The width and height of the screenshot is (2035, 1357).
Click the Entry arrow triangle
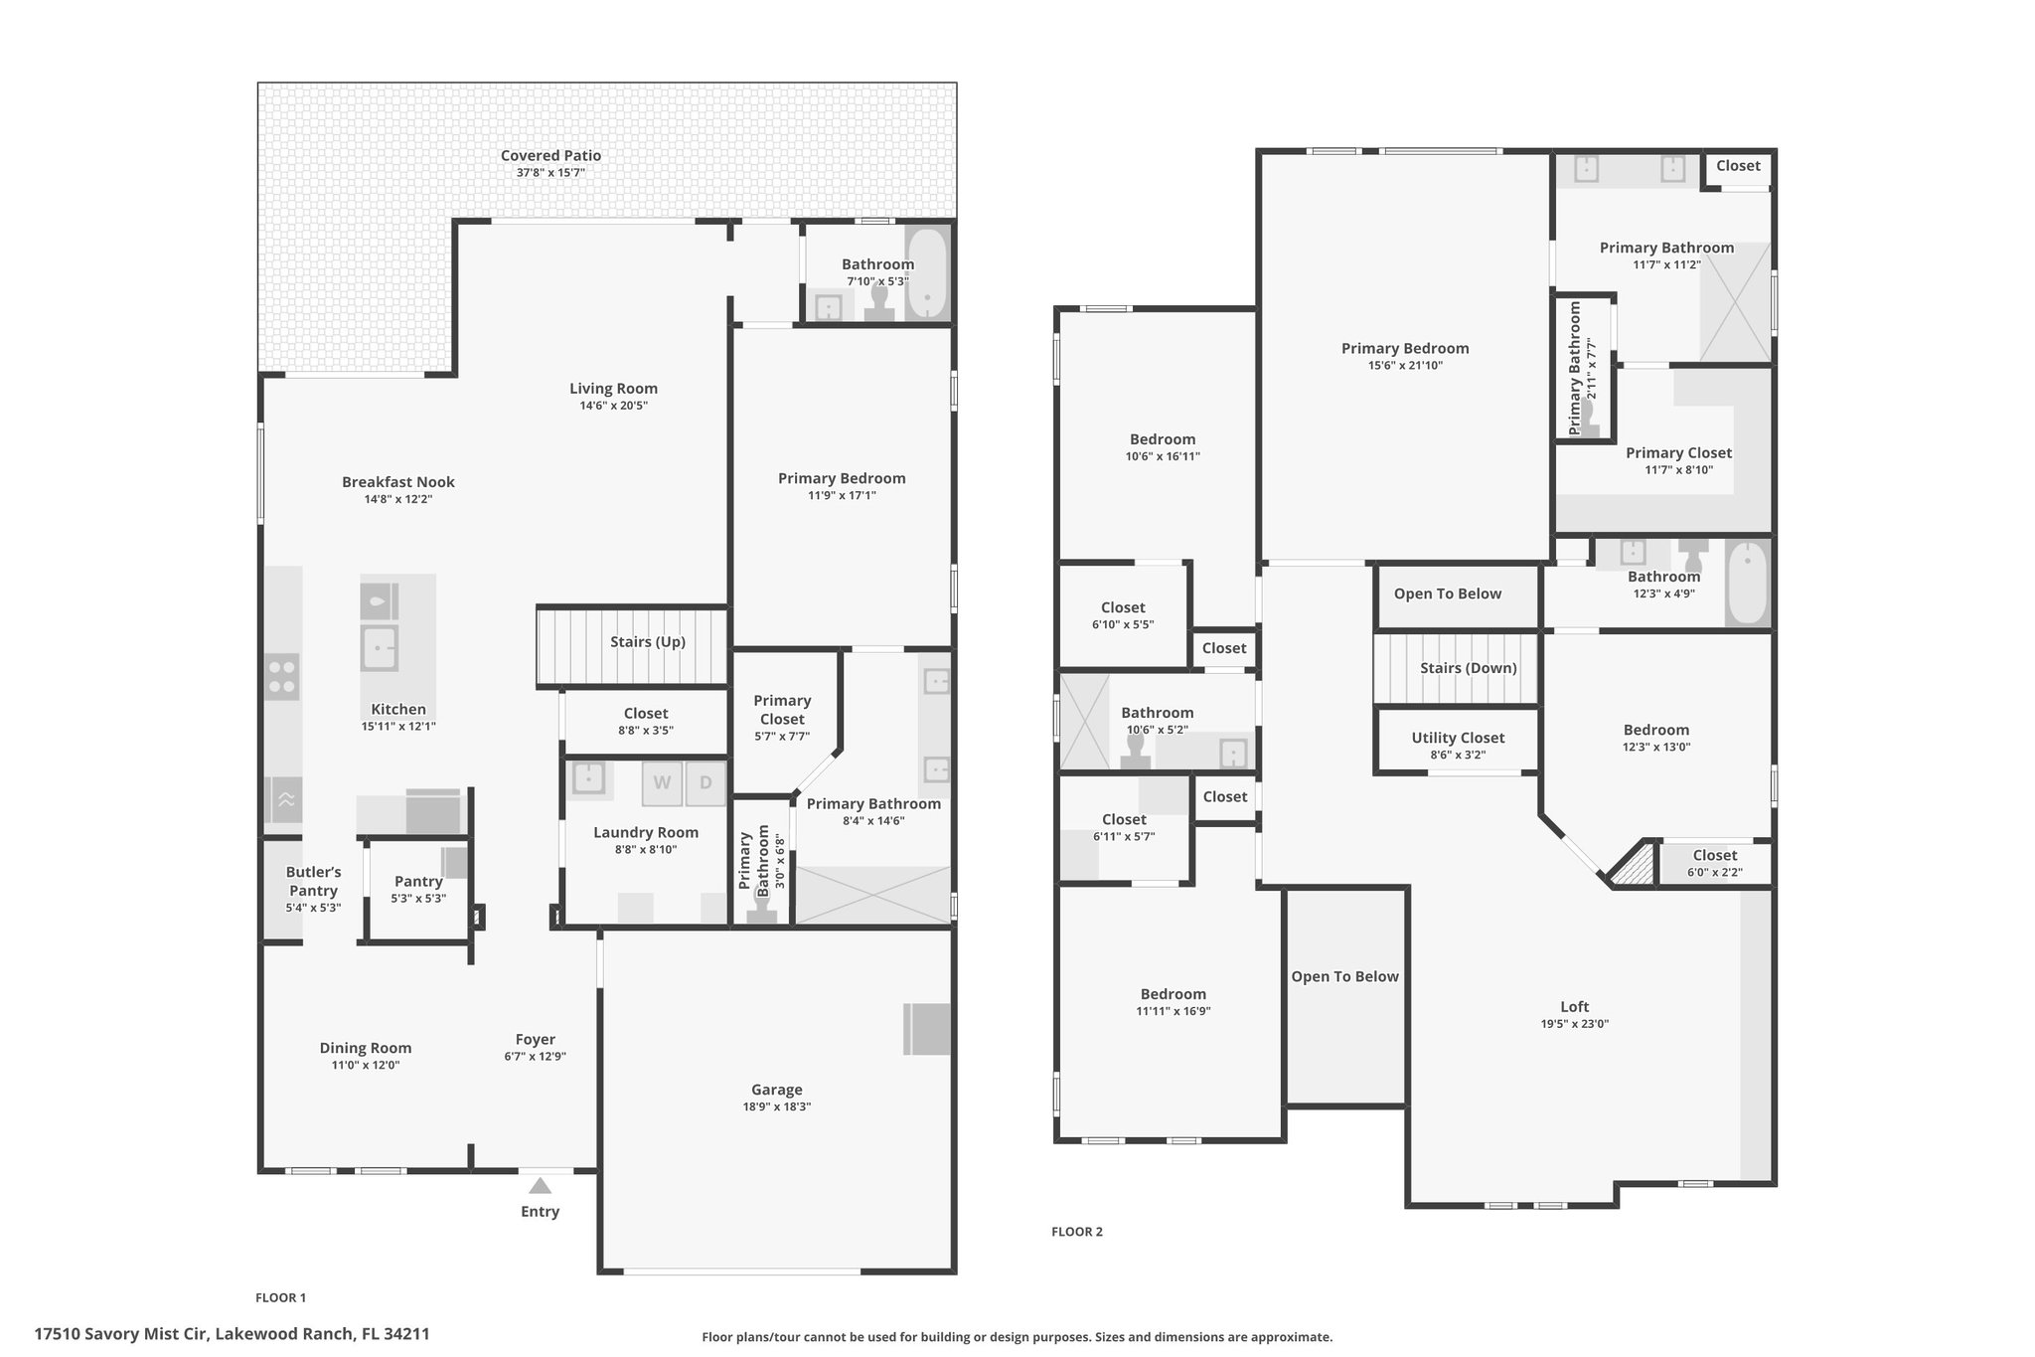(x=540, y=1185)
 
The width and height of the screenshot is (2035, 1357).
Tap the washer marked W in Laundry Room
(x=662, y=783)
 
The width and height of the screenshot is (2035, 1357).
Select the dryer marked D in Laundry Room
(x=705, y=783)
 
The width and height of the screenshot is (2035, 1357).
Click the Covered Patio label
(x=550, y=155)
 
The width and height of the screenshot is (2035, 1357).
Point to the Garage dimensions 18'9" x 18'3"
(x=777, y=1106)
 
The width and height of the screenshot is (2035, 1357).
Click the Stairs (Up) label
(x=648, y=641)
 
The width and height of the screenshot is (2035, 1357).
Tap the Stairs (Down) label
(x=1469, y=668)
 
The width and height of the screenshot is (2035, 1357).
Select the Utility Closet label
(x=1458, y=738)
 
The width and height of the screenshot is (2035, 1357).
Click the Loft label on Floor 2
(x=1575, y=1006)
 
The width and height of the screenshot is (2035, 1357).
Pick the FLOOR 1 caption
(x=281, y=1297)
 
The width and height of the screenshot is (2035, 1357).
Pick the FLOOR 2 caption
(x=1077, y=1232)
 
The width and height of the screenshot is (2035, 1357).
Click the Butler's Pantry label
(x=313, y=881)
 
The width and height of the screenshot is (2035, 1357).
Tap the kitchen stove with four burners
(x=282, y=676)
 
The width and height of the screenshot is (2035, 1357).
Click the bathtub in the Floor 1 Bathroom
(x=927, y=271)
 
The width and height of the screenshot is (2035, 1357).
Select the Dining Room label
(x=366, y=1048)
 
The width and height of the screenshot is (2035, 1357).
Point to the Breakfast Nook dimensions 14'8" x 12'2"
(x=398, y=499)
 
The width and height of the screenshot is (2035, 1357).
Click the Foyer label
(x=536, y=1040)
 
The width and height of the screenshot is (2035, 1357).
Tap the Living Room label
(x=614, y=389)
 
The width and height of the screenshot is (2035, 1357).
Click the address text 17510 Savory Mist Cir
(x=121, y=1334)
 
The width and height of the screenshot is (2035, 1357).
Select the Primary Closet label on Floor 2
(x=1678, y=453)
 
